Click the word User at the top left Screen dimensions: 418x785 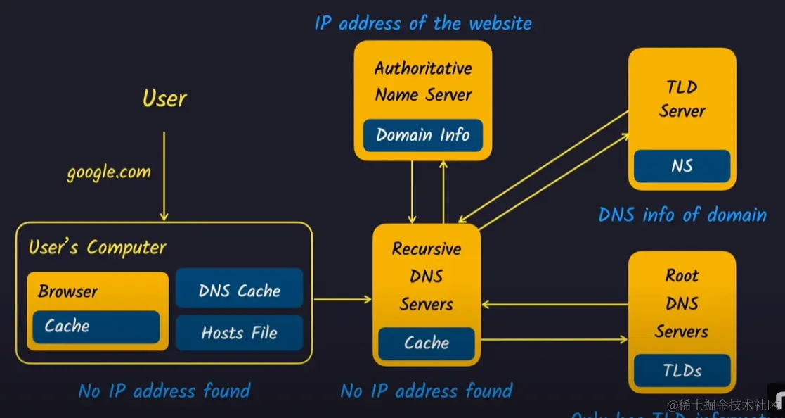(164, 98)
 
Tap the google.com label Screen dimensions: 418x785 (109, 172)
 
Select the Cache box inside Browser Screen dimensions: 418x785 (96, 327)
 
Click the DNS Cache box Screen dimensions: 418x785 (239, 291)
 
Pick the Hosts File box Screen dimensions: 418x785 (239, 333)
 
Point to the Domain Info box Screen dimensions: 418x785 (422, 135)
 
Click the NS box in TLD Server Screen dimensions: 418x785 (682, 166)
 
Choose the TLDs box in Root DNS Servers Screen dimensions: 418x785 (682, 370)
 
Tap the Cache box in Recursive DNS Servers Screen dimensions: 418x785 (426, 343)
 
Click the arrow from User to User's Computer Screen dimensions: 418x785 (164, 176)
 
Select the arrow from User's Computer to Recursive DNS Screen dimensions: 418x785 (342, 300)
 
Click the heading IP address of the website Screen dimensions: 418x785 (423, 23)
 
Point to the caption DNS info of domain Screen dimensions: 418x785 (682, 214)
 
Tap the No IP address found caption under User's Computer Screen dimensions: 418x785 (164, 391)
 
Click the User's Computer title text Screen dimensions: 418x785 (97, 248)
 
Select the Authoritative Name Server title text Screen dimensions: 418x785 (423, 82)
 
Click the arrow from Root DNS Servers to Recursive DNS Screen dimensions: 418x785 (555, 305)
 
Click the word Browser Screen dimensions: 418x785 (67, 291)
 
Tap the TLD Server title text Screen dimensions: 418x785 (682, 99)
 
